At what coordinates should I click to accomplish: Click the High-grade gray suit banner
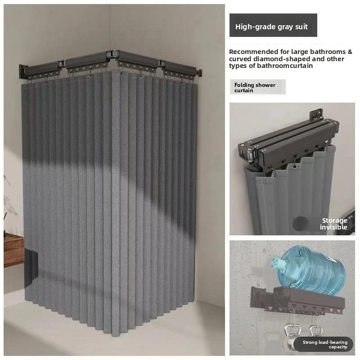click(x=273, y=25)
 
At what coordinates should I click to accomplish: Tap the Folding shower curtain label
click(x=257, y=87)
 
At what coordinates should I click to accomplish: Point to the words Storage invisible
click(x=333, y=224)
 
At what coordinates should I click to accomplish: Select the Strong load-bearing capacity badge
click(x=324, y=344)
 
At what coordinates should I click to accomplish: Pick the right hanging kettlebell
click(x=316, y=331)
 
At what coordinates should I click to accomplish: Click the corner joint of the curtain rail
click(x=112, y=54)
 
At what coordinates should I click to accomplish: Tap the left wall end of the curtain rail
click(x=23, y=72)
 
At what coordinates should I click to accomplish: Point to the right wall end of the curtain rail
click(x=199, y=72)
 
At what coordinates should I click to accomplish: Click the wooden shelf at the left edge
click(x=13, y=250)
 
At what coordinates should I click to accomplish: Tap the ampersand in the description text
click(x=350, y=52)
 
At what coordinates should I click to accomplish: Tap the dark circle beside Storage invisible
click(x=301, y=223)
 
